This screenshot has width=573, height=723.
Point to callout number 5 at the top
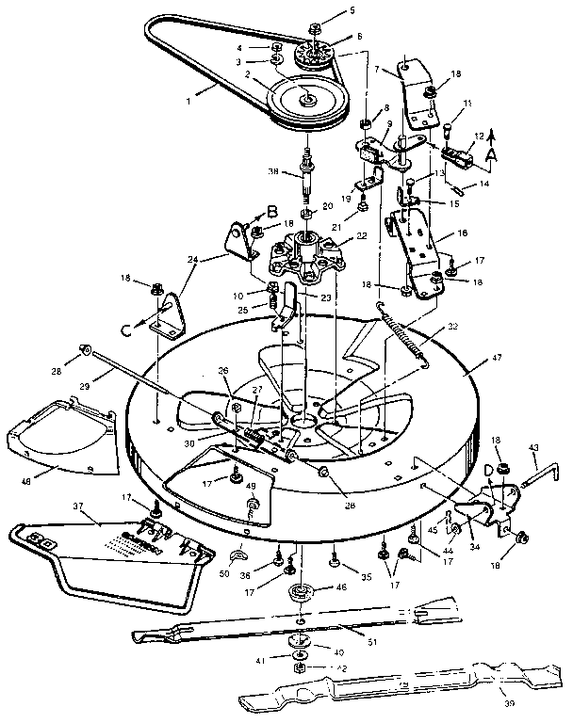click(353, 10)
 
